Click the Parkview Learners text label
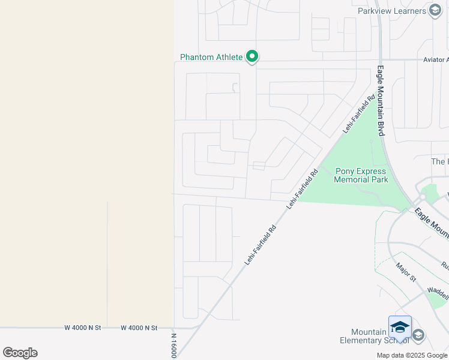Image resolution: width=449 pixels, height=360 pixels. click(x=391, y=11)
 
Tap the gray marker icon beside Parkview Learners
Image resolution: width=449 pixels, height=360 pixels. click(x=435, y=11)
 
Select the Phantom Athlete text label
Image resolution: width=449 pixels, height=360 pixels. click(x=211, y=58)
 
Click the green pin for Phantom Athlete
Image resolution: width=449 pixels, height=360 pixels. click(x=253, y=57)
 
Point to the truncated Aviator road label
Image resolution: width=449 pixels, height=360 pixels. click(x=435, y=60)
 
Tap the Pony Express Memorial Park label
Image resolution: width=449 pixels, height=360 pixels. click(x=361, y=175)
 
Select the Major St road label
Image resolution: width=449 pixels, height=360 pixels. click(x=406, y=271)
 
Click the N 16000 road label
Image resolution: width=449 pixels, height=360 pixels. click(x=174, y=346)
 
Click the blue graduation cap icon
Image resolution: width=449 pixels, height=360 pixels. click(x=400, y=328)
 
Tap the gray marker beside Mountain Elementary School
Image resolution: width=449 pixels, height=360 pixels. click(x=418, y=335)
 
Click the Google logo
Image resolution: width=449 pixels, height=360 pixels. click(x=20, y=352)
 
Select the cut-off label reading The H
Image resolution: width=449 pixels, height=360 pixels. click(x=439, y=162)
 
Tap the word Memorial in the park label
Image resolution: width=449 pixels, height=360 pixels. click(x=361, y=179)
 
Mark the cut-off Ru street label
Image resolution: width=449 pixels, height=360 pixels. click(x=444, y=265)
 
